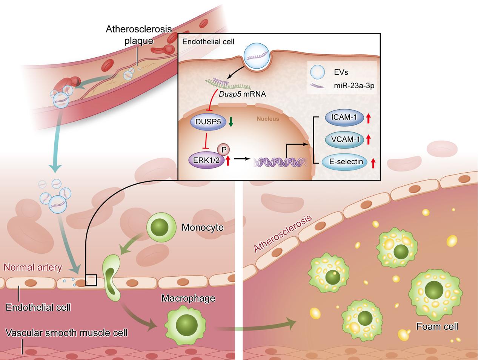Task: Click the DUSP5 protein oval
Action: [205, 121]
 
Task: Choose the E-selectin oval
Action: [346, 162]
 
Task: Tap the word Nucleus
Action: [268, 119]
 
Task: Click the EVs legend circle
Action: [317, 72]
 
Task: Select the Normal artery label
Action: [32, 268]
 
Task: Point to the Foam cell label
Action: [437, 326]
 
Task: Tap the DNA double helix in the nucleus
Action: [279, 162]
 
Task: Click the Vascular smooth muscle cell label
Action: [67, 333]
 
